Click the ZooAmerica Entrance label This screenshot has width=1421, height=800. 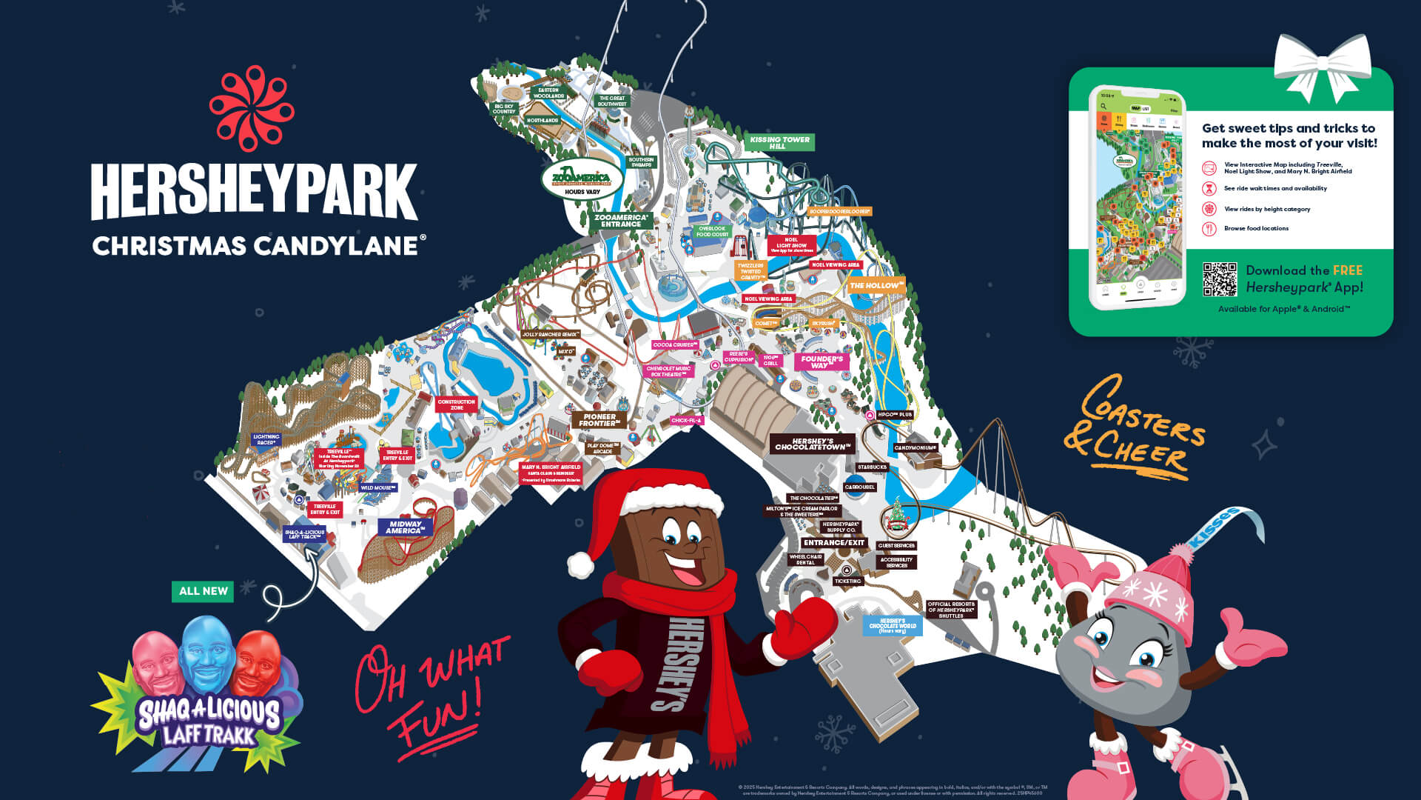pyautogui.click(x=621, y=221)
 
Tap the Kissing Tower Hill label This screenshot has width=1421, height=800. pyautogui.click(x=779, y=142)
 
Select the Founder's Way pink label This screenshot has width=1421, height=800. pyautogui.click(x=821, y=361)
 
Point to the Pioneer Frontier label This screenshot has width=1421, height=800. pyautogui.click(x=599, y=420)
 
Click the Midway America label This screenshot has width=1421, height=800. pyautogui.click(x=405, y=527)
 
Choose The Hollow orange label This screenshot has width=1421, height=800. pyautogui.click(x=876, y=285)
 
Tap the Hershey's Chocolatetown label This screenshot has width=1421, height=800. pyautogui.click(x=812, y=444)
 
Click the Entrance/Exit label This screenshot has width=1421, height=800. pyautogui.click(x=834, y=543)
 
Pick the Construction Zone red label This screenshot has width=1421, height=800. pyautogui.click(x=457, y=404)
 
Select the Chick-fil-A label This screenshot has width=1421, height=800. pyautogui.click(x=686, y=420)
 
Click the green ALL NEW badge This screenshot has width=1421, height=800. pyautogui.click(x=203, y=591)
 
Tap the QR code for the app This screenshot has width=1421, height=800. pyautogui.click(x=1220, y=279)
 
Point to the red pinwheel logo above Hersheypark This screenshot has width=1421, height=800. pyautogui.click(x=252, y=108)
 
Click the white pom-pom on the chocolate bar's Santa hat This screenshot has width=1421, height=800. pyautogui.click(x=581, y=564)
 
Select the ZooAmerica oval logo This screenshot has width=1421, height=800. pyautogui.click(x=582, y=179)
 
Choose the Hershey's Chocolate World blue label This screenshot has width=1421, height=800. pyautogui.click(x=893, y=625)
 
